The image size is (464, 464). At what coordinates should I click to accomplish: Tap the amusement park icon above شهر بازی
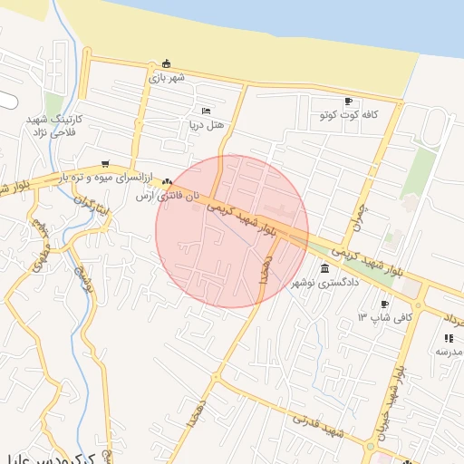166,63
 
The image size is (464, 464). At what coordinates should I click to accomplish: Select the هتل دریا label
207,124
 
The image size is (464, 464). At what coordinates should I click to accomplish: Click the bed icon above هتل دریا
207,111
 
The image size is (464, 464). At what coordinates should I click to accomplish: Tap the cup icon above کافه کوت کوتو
349,101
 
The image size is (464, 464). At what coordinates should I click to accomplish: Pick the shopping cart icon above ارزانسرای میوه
107,164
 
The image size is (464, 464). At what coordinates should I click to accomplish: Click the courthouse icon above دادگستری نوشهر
325,268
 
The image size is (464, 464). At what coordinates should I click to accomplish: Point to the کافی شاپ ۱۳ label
385,317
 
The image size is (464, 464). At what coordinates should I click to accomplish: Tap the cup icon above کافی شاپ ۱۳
385,304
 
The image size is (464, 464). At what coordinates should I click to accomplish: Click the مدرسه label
449,352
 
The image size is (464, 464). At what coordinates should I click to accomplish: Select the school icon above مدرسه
449,338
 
